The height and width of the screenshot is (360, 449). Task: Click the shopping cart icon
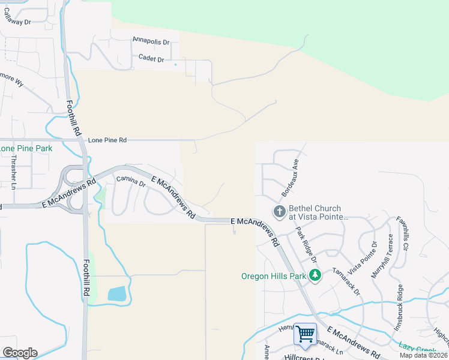tap(306, 333)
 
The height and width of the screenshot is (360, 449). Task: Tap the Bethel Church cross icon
tap(279, 211)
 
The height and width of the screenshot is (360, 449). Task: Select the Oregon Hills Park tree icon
tap(315, 276)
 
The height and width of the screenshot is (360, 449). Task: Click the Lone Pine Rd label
tap(107, 140)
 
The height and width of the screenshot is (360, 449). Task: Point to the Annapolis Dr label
tap(151, 43)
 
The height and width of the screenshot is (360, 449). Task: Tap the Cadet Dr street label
tap(151, 59)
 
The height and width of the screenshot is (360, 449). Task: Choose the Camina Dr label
tap(131, 180)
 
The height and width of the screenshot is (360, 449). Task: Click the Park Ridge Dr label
tap(305, 246)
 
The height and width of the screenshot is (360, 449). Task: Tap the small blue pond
tap(117, 293)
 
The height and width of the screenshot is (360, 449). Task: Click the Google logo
tap(20, 353)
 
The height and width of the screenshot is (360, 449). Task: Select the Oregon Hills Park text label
tap(273, 277)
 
